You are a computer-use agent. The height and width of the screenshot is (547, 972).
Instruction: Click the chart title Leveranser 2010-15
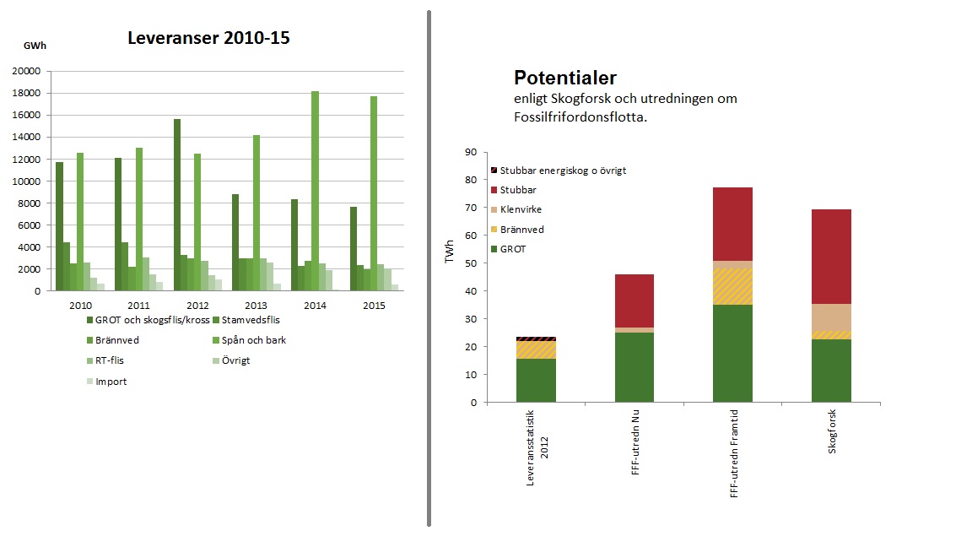pyautogui.click(x=208, y=38)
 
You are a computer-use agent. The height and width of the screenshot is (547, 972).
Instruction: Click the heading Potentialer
pyautogui.click(x=564, y=78)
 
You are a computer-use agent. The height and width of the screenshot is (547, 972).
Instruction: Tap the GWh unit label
pyautogui.click(x=35, y=45)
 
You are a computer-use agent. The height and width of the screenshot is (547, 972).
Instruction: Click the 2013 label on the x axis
pyautogui.click(x=256, y=305)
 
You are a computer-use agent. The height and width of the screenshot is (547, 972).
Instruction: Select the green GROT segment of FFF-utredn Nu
pyautogui.click(x=634, y=367)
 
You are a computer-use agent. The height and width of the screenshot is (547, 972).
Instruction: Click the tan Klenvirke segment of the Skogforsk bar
pyautogui.click(x=831, y=317)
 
